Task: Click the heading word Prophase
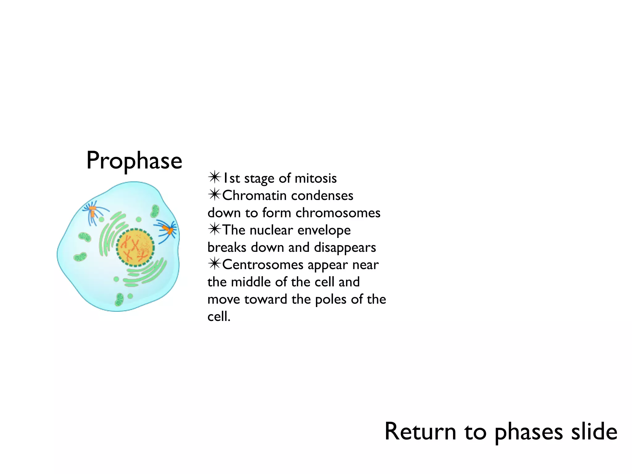134,161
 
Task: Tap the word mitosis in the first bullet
315,178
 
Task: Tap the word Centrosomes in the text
263,265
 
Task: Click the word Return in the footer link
420,431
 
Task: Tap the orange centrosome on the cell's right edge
168,230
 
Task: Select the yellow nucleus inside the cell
135,247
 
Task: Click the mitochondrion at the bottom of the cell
119,299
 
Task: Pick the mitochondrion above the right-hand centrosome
155,211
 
